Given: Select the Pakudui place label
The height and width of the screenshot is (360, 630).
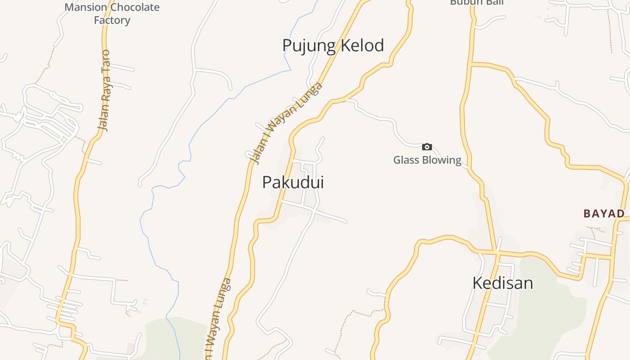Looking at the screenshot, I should click(x=293, y=182).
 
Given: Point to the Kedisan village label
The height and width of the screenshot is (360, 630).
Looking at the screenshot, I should click(x=503, y=283).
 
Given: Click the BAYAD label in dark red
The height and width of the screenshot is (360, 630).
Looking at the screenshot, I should click(x=604, y=213).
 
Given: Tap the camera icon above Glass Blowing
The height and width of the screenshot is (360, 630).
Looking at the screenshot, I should click(x=427, y=147).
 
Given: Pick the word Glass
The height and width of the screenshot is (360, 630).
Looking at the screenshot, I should click(x=406, y=160).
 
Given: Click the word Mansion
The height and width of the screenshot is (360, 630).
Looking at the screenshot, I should click(x=86, y=8).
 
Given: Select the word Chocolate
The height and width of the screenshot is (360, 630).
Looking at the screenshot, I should click(x=135, y=8).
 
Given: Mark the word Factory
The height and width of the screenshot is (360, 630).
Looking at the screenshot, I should click(x=112, y=20).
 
